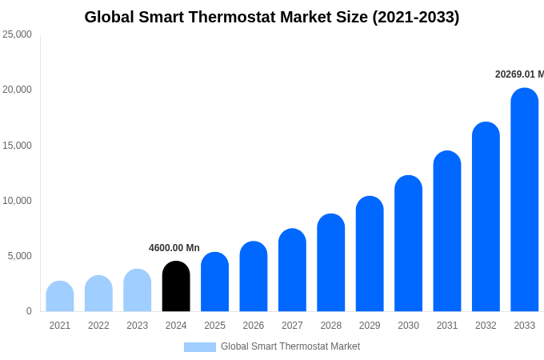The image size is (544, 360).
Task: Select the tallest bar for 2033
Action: tap(524, 200)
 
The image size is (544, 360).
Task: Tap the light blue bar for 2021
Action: tap(60, 297)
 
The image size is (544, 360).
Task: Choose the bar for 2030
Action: tap(408, 243)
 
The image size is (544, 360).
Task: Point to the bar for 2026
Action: tap(254, 277)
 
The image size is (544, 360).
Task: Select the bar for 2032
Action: tap(486, 217)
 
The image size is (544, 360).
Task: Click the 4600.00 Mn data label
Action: tap(174, 248)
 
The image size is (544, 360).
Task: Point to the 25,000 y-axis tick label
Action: tap(17, 34)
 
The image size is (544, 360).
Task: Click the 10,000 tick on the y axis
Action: tap(17, 201)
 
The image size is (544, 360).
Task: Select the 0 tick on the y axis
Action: tap(29, 311)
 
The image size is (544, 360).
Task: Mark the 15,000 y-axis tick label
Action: tap(17, 146)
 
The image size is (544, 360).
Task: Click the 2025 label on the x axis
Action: tap(214, 326)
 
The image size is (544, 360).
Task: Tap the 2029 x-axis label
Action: tap(370, 326)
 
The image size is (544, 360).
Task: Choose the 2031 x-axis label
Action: tap(447, 326)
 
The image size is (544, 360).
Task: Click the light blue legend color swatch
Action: tap(200, 347)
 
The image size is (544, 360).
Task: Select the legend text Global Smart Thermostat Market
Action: tap(290, 346)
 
